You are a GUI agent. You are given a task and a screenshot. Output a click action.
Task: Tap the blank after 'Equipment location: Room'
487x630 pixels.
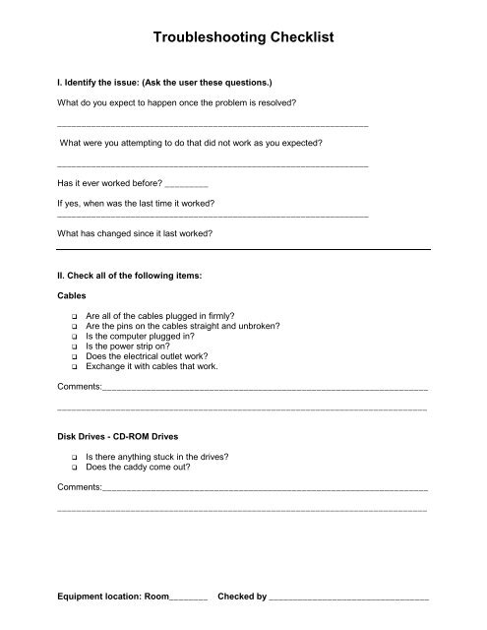pyautogui.click(x=188, y=597)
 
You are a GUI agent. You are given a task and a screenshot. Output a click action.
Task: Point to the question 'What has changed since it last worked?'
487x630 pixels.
pyautogui.click(x=135, y=233)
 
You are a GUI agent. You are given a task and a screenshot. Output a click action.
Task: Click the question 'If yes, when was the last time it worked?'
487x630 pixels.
pyautogui.click(x=136, y=203)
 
